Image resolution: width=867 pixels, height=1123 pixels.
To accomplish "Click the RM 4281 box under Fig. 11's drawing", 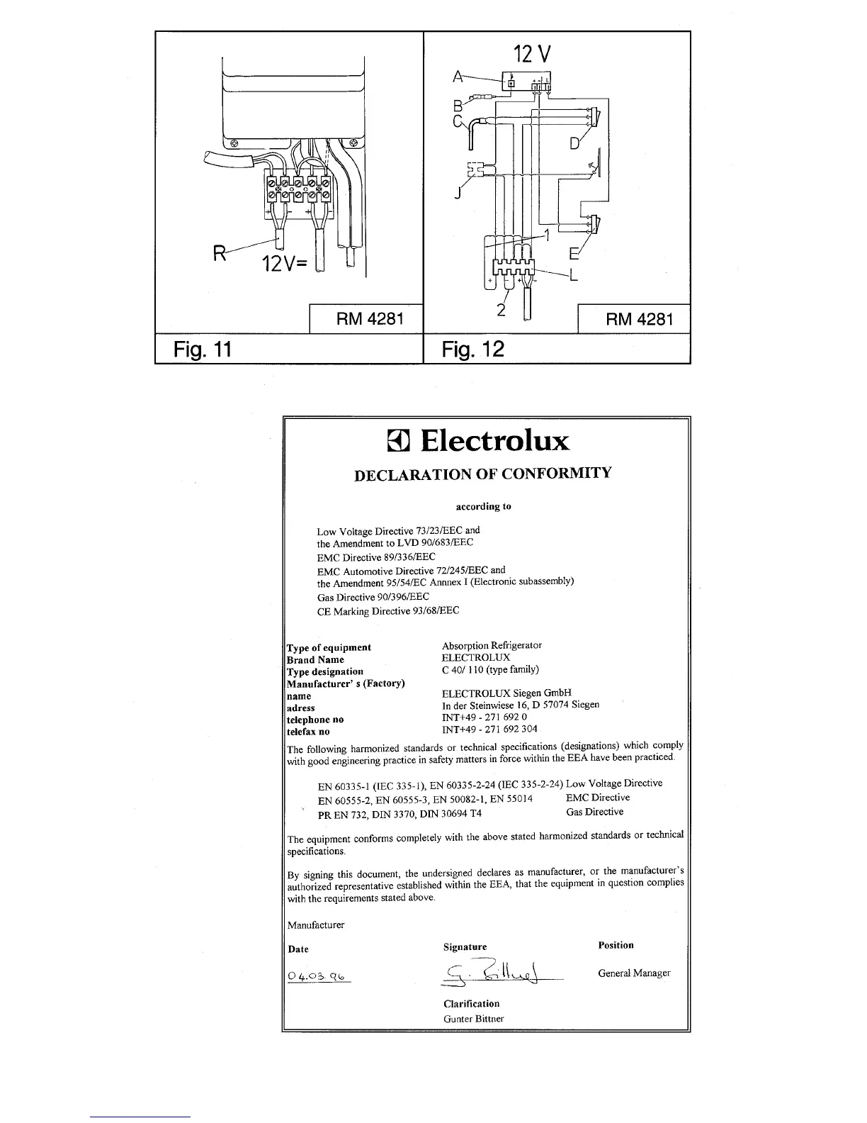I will point(366,318).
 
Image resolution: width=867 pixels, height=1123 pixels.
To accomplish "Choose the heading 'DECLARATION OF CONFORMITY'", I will point(482,474).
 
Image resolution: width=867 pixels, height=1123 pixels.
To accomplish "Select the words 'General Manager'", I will point(634,973).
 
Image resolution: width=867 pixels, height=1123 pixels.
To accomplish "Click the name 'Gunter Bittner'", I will point(473,1019).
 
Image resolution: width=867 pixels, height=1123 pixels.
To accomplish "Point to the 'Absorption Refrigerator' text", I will point(492,645).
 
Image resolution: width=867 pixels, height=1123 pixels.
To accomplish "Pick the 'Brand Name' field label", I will point(315,659).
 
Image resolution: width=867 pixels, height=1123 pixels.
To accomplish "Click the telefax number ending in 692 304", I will point(489,729).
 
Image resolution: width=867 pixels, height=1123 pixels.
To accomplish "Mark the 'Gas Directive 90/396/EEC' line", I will point(373,598).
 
